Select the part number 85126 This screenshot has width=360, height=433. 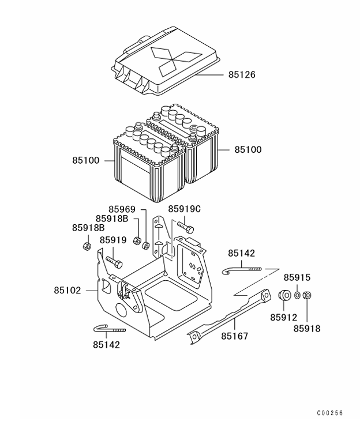[x=241, y=75]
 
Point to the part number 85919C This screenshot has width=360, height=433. [x=184, y=209]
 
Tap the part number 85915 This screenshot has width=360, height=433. [x=299, y=278]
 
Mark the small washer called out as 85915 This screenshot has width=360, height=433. [x=297, y=295]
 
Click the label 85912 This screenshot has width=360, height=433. [x=284, y=317]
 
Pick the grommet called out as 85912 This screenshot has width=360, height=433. [x=284, y=295]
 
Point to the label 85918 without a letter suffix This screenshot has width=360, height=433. [x=306, y=328]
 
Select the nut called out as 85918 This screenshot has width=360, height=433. [x=307, y=295]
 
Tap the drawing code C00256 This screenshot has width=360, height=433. [x=329, y=413]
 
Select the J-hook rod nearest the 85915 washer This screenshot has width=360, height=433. [x=242, y=268]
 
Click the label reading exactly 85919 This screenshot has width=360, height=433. [x=113, y=240]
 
